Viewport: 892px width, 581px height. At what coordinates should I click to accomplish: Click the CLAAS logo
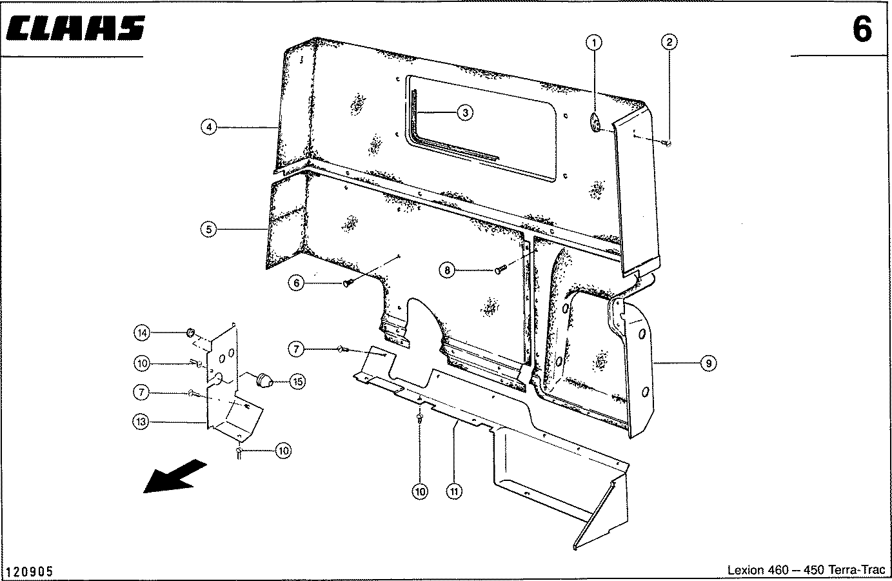[x=76, y=30]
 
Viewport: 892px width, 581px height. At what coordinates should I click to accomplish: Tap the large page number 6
[x=862, y=30]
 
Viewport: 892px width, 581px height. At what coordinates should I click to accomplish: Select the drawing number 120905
[x=30, y=572]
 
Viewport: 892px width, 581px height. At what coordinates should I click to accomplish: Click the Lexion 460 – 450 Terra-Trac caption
[x=806, y=571]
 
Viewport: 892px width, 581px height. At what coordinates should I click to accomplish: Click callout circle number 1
[x=594, y=43]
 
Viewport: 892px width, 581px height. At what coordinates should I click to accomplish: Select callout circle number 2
[x=669, y=43]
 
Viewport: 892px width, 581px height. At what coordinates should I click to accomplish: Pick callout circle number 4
[x=208, y=127]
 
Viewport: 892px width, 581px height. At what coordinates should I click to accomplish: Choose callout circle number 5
[x=208, y=229]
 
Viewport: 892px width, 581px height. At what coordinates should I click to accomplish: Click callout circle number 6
[x=296, y=283]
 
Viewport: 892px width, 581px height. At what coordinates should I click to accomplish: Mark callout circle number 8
[x=448, y=270]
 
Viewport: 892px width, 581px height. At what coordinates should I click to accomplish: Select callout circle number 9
[x=708, y=363]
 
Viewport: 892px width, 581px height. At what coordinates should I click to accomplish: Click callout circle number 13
[x=141, y=422]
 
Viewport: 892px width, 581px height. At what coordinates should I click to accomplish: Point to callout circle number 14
[x=141, y=333]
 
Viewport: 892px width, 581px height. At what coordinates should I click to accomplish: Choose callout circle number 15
[x=297, y=382]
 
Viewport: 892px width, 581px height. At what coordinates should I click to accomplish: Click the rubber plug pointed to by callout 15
[x=264, y=380]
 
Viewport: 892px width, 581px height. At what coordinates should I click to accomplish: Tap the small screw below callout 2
[x=667, y=143]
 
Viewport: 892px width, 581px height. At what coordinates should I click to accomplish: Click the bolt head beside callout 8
[x=499, y=269]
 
